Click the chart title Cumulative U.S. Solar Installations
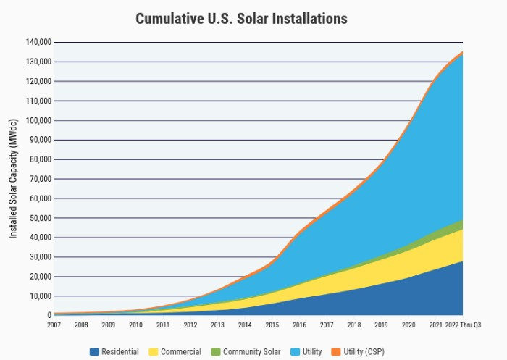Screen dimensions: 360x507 [241, 18]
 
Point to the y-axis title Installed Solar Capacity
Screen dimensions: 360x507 [13, 178]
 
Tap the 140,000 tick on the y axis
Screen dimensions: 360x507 [36, 42]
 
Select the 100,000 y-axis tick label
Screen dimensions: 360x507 [36, 120]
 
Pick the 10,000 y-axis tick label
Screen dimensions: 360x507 [38, 296]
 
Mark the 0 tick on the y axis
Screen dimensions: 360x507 [48, 315]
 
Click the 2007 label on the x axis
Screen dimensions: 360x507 [54, 325]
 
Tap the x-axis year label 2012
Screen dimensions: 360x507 [190, 325]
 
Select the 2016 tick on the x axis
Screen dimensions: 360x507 [299, 325]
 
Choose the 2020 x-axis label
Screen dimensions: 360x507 [408, 325]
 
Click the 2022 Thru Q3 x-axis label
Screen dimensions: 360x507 [464, 325]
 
